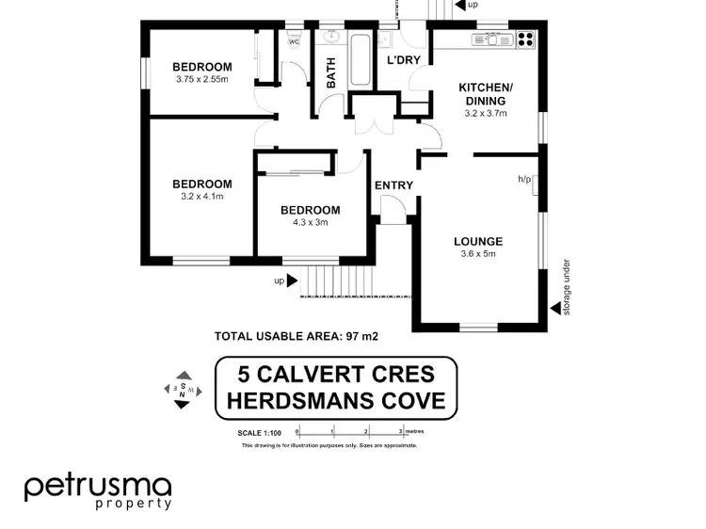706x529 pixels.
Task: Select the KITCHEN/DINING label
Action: tap(485, 94)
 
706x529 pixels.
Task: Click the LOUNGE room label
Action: tap(478, 241)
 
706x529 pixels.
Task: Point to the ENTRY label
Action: tap(393, 185)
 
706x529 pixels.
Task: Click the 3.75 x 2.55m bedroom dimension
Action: tap(202, 79)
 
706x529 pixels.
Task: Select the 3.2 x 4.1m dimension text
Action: tap(202, 197)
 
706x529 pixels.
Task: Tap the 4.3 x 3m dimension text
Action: tap(310, 223)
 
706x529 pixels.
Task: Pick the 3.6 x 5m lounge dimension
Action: tap(478, 254)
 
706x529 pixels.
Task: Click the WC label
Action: tap(294, 41)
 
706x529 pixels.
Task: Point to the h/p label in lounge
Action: tap(524, 178)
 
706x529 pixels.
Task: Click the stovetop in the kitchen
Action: tap(523, 40)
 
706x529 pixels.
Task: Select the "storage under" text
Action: tap(567, 287)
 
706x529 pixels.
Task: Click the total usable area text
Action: tap(297, 335)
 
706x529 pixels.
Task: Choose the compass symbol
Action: tap(183, 390)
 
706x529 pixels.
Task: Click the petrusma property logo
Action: tap(98, 490)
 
